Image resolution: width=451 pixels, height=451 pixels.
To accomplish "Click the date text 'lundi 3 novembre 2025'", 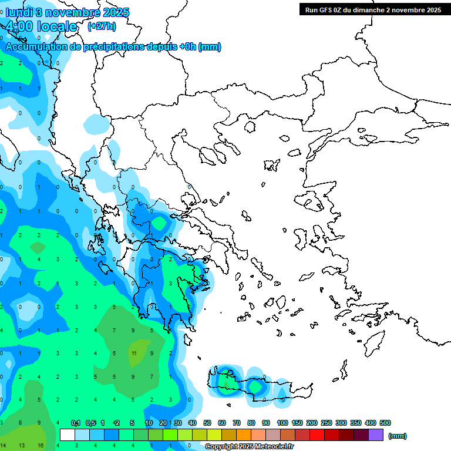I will click(68, 12).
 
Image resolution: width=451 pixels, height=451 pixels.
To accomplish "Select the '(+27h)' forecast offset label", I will click(102, 26).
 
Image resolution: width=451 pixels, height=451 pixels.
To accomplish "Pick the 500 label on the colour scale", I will click(385, 423).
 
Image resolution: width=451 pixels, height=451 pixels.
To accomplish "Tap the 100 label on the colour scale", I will click(282, 423).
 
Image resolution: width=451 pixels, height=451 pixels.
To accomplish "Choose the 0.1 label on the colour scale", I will click(76, 423).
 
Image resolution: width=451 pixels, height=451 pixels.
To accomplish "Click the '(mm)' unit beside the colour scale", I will click(398, 436).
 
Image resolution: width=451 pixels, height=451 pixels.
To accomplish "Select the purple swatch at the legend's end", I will click(376, 435).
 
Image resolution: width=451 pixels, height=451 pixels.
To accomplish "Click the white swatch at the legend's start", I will click(68, 435).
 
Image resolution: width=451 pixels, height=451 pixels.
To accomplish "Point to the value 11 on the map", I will click(134, 354).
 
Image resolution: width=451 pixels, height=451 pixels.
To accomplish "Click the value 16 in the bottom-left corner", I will click(40, 446).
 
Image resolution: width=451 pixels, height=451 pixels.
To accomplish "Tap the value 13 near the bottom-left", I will click(21, 446).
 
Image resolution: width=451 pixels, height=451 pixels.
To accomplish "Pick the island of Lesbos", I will click(311, 200).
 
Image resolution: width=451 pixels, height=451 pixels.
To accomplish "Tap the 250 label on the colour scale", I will click(326, 423).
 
